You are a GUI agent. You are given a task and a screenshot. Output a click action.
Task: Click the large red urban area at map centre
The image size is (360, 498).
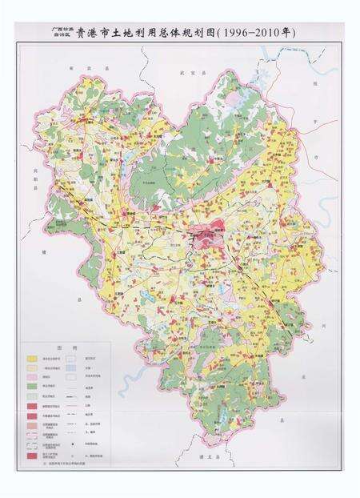tap(206, 237)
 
